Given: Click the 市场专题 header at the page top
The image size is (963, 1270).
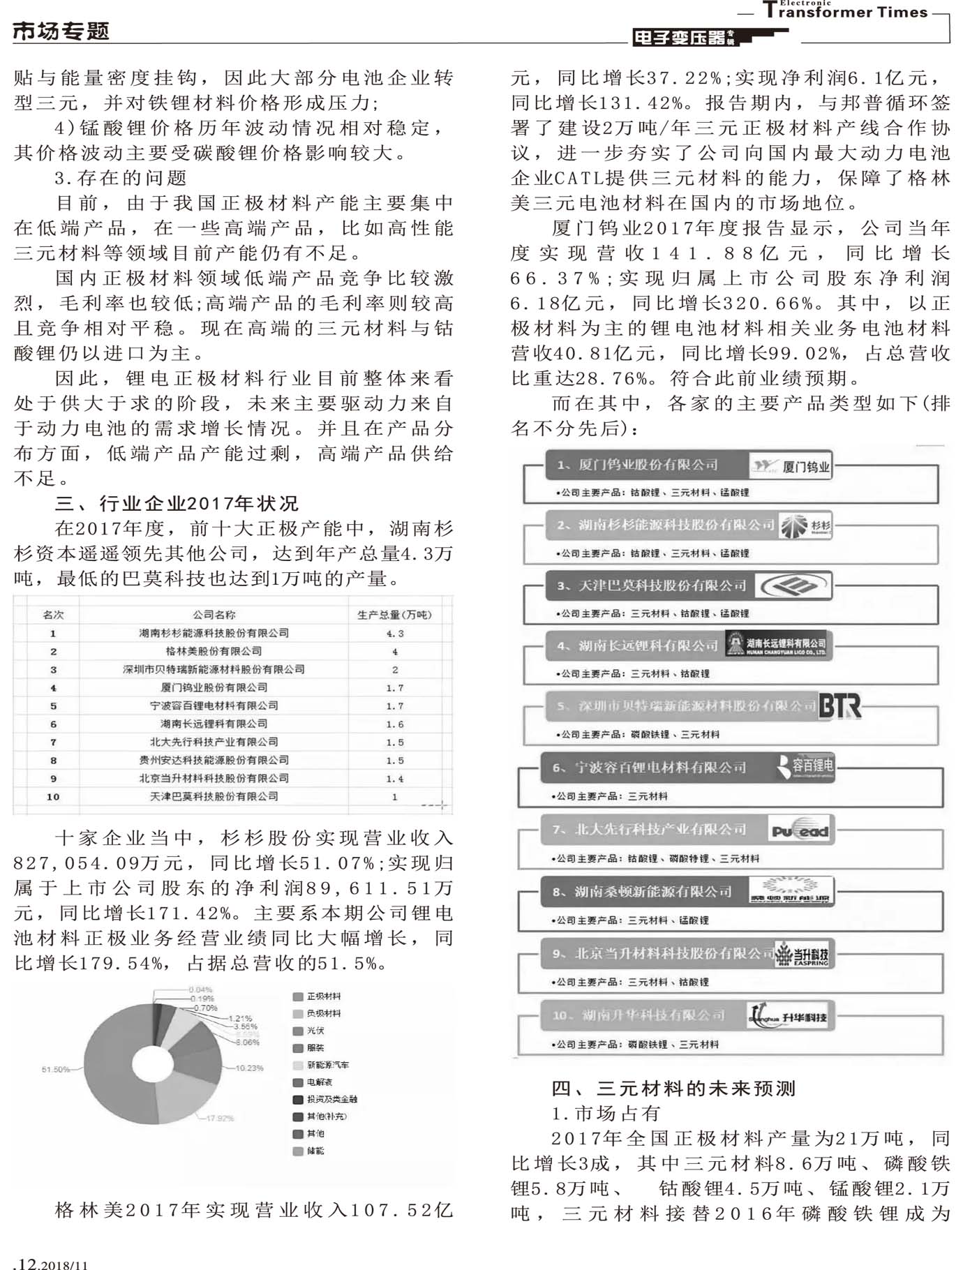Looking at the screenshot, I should [61, 31].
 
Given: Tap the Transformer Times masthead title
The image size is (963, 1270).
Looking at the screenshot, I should [845, 12].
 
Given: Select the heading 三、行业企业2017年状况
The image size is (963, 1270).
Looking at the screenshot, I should [177, 503].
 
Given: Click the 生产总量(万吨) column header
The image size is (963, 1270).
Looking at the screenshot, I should [394, 615].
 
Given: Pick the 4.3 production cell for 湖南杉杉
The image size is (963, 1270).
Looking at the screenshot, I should [395, 633].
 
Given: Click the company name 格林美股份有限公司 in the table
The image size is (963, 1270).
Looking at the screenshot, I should [214, 651].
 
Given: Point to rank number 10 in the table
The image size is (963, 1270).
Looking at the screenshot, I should [53, 796].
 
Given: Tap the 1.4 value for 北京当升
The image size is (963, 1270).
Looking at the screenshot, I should [395, 778].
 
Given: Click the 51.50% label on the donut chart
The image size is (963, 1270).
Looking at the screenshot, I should [55, 1069].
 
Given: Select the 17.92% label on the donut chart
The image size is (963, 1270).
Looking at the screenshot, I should [220, 1118].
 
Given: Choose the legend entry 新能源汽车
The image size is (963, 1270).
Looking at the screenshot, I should [327, 1065].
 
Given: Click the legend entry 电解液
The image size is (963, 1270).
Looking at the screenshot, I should [320, 1082].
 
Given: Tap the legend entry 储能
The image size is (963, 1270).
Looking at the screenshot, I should [315, 1151].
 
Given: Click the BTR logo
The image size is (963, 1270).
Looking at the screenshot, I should [839, 706].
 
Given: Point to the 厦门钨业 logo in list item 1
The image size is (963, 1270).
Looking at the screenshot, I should [791, 466].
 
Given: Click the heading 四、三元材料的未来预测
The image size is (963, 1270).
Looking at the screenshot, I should [673, 1088].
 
